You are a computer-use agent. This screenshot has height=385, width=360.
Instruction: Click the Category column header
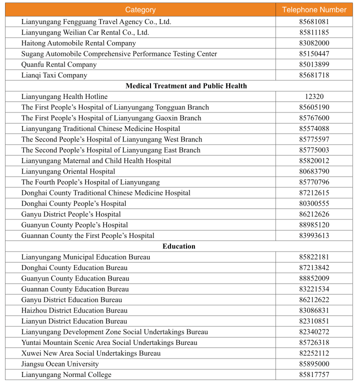(x=140, y=10)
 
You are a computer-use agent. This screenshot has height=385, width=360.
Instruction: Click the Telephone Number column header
(x=314, y=10)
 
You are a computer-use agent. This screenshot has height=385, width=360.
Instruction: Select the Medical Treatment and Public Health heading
(x=186, y=86)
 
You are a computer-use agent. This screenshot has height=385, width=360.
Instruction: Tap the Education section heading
(x=179, y=246)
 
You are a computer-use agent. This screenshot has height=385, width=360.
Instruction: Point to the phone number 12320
(x=314, y=96)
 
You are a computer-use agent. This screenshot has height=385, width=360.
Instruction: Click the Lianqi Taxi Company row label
(x=54, y=75)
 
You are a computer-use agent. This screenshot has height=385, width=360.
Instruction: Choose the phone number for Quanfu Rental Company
(x=314, y=64)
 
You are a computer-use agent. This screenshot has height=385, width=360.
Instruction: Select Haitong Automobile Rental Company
(x=78, y=43)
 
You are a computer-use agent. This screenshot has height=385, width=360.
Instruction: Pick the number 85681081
(x=314, y=22)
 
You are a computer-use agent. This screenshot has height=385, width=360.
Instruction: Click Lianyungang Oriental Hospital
(x=68, y=171)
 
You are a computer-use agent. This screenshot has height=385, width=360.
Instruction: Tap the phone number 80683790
(x=314, y=171)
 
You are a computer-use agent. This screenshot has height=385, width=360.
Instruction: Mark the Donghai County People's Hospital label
(x=73, y=203)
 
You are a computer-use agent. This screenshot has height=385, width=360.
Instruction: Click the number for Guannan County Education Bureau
(x=314, y=289)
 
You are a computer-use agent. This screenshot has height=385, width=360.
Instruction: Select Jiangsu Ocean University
(x=60, y=364)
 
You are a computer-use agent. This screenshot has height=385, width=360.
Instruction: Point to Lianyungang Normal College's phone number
(x=314, y=375)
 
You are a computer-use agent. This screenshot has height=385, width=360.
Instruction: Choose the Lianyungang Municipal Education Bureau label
(x=85, y=257)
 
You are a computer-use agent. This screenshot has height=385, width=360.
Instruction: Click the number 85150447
(x=314, y=54)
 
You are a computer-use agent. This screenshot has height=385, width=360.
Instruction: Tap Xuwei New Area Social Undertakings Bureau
(x=91, y=353)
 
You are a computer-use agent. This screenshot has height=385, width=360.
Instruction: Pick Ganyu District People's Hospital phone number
(x=314, y=214)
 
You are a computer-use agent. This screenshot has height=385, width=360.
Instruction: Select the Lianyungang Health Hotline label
(x=64, y=96)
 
